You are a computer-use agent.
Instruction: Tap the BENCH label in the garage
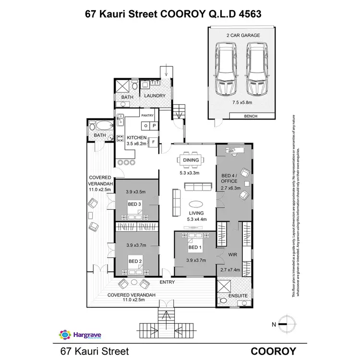click(251, 116)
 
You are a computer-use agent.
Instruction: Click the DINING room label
click(191, 147)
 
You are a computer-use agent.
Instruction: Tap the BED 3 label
click(134, 204)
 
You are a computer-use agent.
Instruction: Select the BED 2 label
click(134, 261)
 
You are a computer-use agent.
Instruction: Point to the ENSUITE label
click(238, 296)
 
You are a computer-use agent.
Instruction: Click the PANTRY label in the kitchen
click(146, 115)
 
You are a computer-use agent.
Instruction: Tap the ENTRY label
click(168, 282)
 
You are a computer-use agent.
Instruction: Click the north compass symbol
click(286, 324)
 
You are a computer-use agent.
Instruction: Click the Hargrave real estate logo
click(78, 334)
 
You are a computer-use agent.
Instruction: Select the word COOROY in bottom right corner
click(273, 351)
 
